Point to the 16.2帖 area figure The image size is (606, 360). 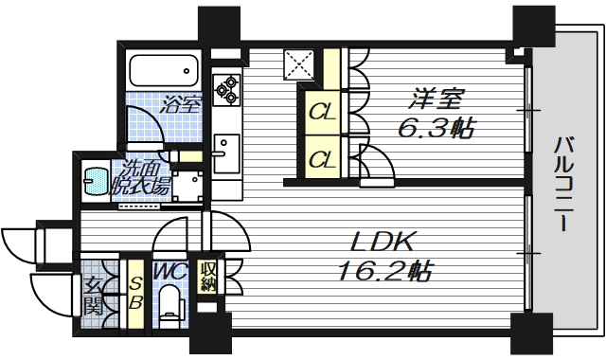point(383,272)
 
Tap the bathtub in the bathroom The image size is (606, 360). point(163,71)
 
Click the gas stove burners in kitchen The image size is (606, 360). point(227,90)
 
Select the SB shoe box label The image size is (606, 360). point(135,292)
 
